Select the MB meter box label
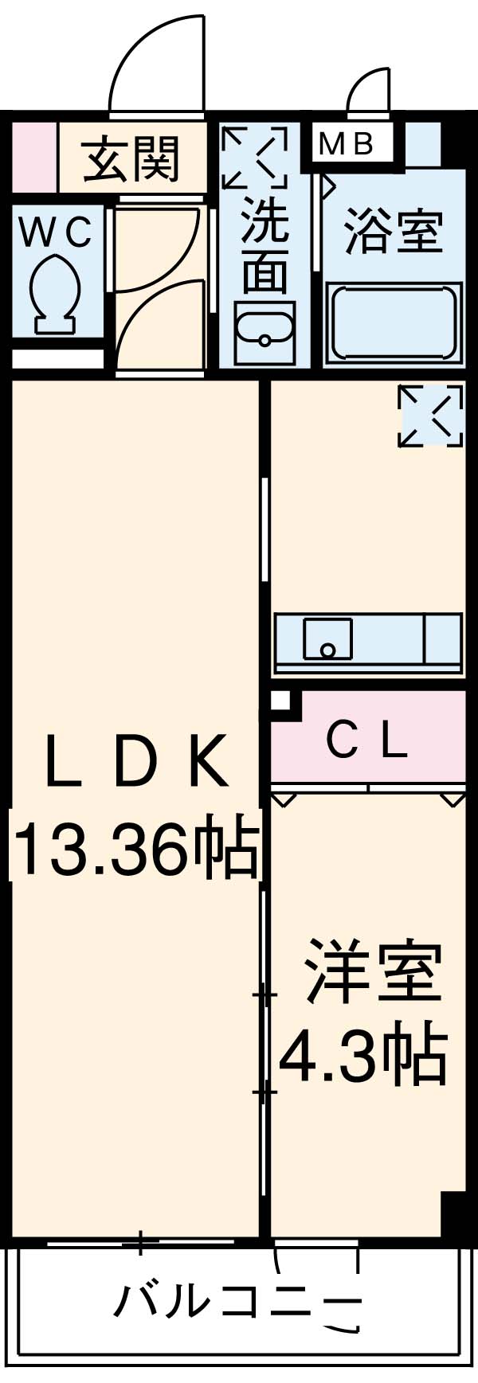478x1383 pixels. [347, 144]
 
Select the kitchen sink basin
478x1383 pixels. [327, 639]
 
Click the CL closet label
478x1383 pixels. [368, 742]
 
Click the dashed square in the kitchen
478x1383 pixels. [430, 415]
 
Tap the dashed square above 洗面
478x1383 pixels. [254, 157]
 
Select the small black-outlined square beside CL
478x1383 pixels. [280, 701]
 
